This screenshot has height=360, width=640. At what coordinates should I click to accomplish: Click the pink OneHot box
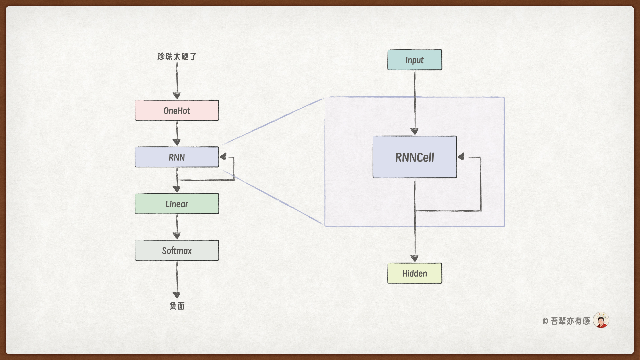click(x=177, y=110)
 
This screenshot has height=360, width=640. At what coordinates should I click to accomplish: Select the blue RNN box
click(x=177, y=157)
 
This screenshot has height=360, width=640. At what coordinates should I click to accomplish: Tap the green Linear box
click(x=177, y=204)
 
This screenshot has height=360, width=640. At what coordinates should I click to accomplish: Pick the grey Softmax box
click(x=177, y=250)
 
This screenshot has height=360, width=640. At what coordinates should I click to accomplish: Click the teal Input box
click(x=414, y=60)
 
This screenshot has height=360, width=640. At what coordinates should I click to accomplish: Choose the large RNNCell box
click(x=414, y=157)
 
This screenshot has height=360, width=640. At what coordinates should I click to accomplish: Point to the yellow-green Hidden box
click(x=414, y=273)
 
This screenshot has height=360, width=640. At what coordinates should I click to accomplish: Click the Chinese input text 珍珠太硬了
click(x=177, y=56)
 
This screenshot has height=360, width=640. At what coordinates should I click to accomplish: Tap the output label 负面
click(x=177, y=306)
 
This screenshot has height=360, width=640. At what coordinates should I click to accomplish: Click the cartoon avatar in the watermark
click(x=601, y=320)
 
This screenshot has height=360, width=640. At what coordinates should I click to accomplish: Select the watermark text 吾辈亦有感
click(x=570, y=321)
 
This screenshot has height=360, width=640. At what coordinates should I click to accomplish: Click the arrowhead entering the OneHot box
click(x=177, y=96)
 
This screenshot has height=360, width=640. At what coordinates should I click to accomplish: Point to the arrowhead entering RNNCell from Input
click(x=414, y=132)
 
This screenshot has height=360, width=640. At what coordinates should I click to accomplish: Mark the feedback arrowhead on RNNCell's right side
click(x=461, y=157)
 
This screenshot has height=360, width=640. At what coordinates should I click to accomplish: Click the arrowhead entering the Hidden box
click(x=414, y=259)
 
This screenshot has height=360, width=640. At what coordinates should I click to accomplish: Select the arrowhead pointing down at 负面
click(x=177, y=295)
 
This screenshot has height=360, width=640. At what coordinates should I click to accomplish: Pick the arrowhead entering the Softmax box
click(x=177, y=236)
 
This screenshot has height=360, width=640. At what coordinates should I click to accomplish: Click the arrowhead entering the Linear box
click(x=177, y=189)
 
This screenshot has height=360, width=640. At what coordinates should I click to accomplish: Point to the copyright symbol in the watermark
click(x=545, y=321)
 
